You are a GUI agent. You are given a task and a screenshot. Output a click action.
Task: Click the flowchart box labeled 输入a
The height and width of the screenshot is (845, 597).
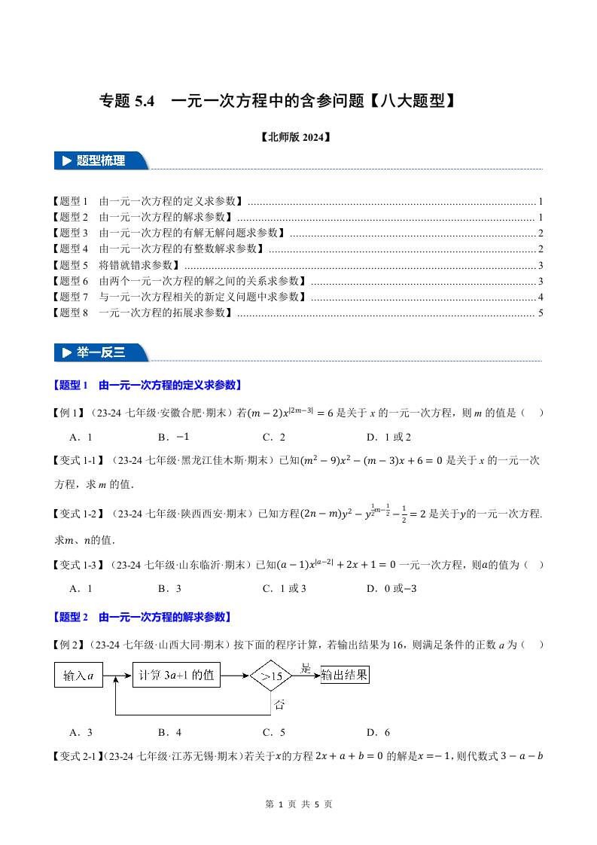tap(78, 676)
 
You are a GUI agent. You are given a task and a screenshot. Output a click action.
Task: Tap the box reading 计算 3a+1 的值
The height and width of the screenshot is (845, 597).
tap(177, 676)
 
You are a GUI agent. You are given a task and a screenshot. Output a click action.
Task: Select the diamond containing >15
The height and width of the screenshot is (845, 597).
tap(271, 676)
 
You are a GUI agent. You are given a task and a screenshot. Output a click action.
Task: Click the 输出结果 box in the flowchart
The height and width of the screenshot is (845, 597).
tap(344, 675)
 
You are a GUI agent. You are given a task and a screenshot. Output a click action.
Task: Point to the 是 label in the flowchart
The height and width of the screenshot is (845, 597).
tap(306, 667)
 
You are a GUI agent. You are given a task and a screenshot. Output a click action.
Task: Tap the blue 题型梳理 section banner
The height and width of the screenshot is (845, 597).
tap(101, 160)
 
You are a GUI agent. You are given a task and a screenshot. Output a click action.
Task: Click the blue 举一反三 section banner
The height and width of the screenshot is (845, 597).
tap(101, 352)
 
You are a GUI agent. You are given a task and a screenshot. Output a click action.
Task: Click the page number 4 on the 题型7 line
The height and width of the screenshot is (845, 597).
tap(541, 297)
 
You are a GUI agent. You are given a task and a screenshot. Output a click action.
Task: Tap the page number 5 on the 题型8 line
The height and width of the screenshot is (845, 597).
tap(541, 313)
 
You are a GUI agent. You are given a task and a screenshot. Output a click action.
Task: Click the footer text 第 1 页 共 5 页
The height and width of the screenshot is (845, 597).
tap(299, 804)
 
